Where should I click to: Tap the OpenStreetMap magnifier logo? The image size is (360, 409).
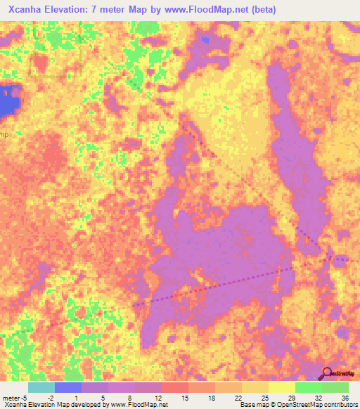(x=327, y=374)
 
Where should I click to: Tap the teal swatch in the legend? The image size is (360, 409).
(x=41, y=387)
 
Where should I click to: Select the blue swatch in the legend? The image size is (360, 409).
(x=68, y=387)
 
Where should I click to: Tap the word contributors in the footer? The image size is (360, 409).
(x=336, y=405)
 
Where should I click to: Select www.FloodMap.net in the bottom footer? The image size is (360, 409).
(x=142, y=405)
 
